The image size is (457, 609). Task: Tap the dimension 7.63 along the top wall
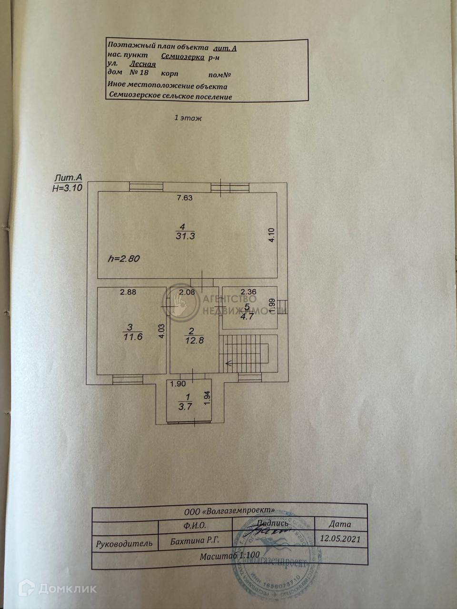[184, 198]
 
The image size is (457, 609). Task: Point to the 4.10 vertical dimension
[271, 235]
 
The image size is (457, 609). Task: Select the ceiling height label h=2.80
[124, 259]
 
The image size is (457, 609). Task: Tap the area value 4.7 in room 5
[247, 316]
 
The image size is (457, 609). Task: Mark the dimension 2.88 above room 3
[128, 292]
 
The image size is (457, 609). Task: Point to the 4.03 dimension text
[162, 331]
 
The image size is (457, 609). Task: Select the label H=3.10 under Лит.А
[68, 187]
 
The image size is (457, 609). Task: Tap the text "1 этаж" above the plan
[188, 118]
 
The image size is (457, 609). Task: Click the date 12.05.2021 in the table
[340, 540]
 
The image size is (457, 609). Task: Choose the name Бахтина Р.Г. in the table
[194, 541]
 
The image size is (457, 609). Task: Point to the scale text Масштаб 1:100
[230, 555]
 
